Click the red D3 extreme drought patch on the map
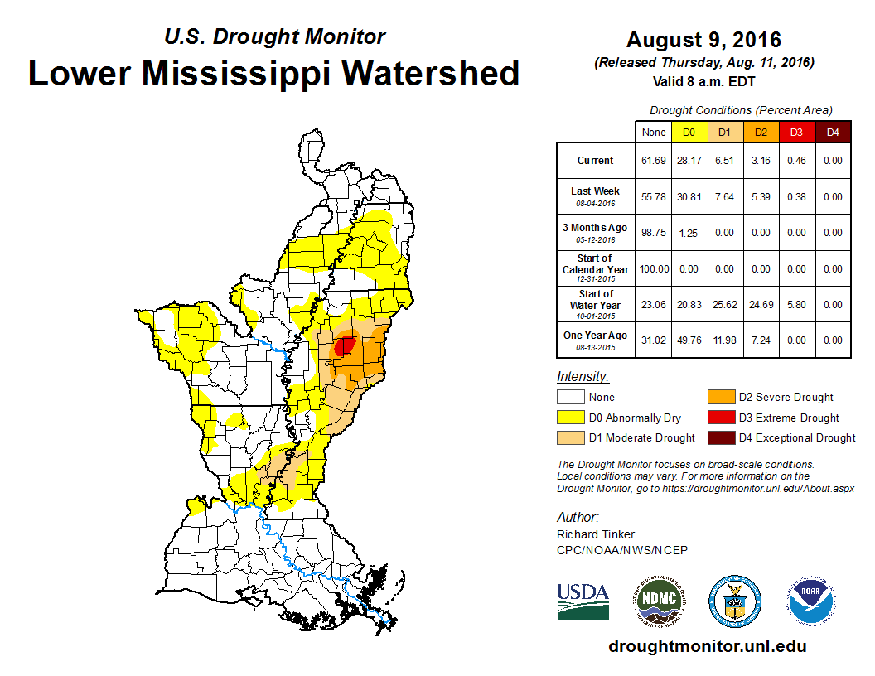pyautogui.click(x=346, y=345)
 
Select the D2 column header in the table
pyautogui.click(x=760, y=133)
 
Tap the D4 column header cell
pyautogui.click(x=833, y=133)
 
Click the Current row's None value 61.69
pyautogui.click(x=654, y=161)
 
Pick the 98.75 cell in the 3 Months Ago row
pyautogui.click(x=654, y=233)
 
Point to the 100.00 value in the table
pyautogui.click(x=654, y=269)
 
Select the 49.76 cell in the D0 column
pyautogui.click(x=689, y=340)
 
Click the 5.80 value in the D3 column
pyautogui.click(x=796, y=305)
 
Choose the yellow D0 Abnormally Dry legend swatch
pyautogui.click(x=570, y=418)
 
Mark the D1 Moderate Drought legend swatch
pyautogui.click(x=570, y=437)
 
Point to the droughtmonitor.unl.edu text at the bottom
pyautogui.click(x=707, y=645)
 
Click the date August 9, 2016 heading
pyautogui.click(x=703, y=40)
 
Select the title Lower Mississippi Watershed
pyautogui.click(x=273, y=73)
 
